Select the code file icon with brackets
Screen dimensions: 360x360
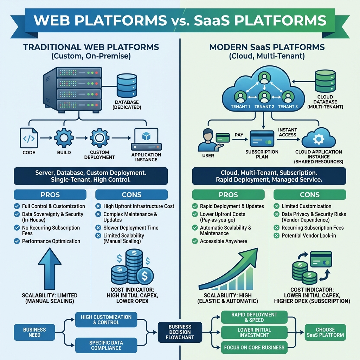[x=28, y=138]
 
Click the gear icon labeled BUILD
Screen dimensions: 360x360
[x=64, y=138]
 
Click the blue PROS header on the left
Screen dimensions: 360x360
[x=50, y=195]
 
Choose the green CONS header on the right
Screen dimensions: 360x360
[x=310, y=195]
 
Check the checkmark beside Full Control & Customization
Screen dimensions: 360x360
[x=17, y=206]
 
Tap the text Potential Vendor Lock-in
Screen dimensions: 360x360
[x=308, y=236]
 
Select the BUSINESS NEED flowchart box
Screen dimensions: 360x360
[x=34, y=332]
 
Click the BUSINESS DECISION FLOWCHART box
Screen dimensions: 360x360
[x=180, y=332]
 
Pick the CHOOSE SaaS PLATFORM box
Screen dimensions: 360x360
[x=325, y=332]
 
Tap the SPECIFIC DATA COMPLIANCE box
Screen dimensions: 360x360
[x=106, y=345]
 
